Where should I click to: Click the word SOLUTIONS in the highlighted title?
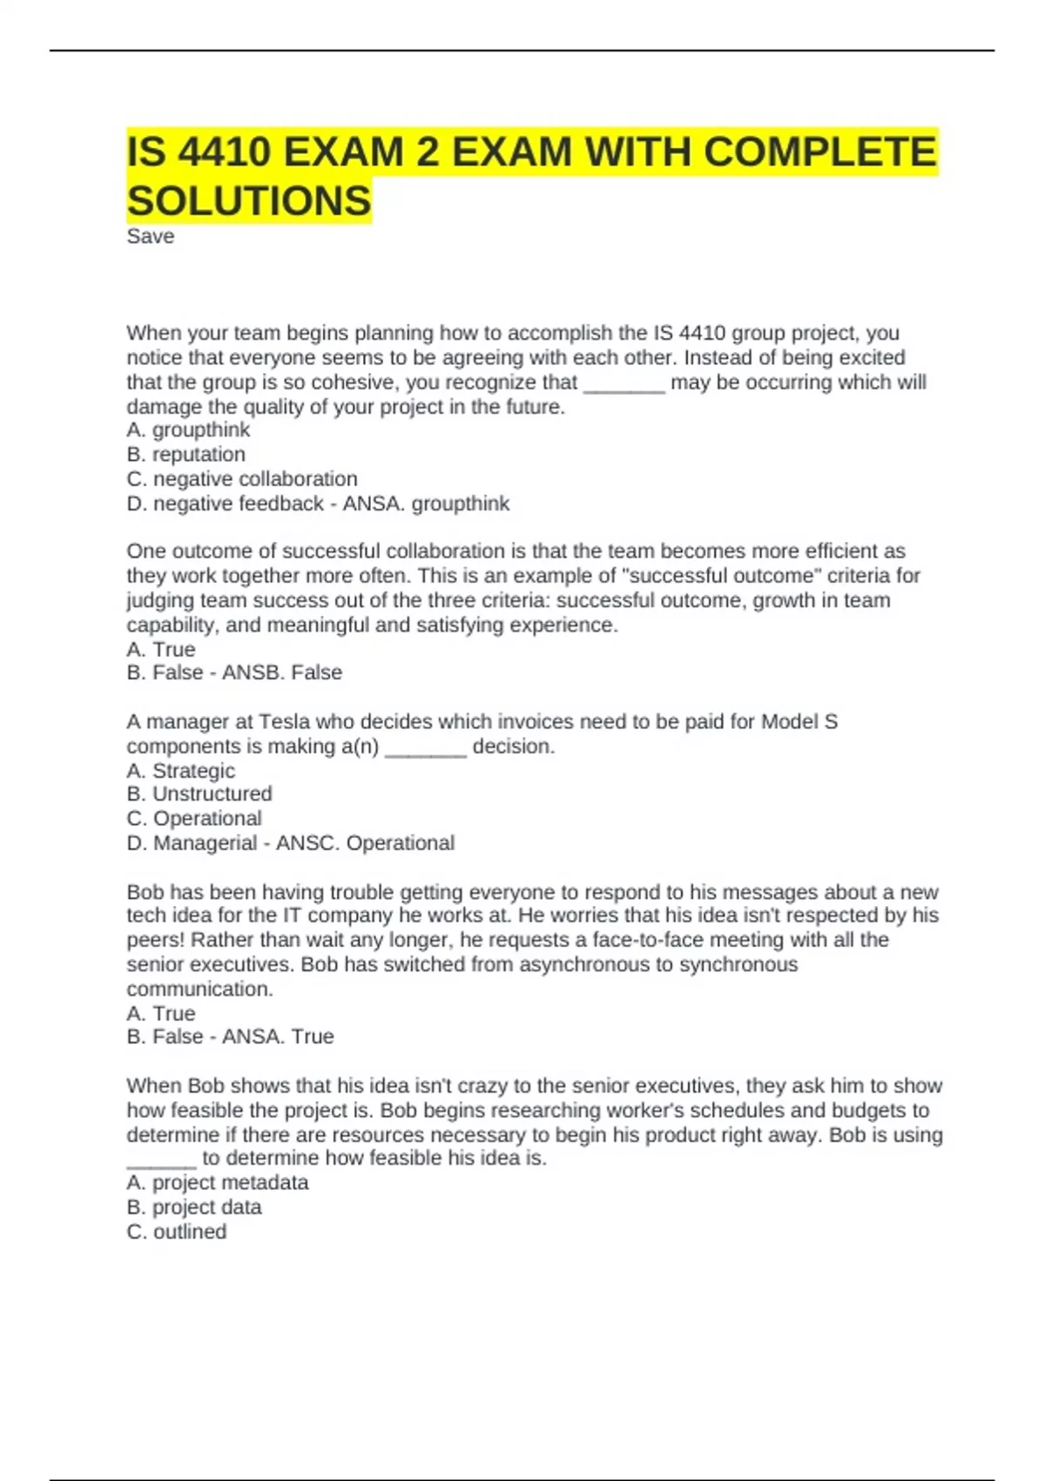point(249,201)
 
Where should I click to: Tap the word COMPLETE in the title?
point(819,152)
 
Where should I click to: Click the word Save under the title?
point(150,236)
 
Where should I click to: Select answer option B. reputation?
point(186,454)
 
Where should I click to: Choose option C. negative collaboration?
point(242,478)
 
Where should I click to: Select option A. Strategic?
point(180,770)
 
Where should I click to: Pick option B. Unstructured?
point(199,794)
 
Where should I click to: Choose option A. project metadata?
point(218,1182)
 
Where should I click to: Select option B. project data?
point(193,1207)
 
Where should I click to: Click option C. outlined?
point(177,1231)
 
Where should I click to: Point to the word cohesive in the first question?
point(347,382)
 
